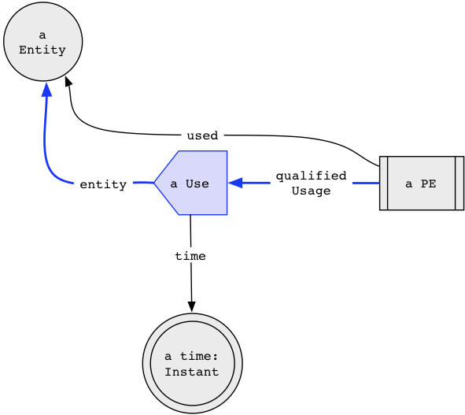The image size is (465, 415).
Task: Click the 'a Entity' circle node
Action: pyautogui.click(x=43, y=42)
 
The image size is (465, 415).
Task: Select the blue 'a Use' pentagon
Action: pyautogui.click(x=190, y=183)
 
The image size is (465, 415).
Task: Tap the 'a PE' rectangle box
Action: pyautogui.click(x=422, y=183)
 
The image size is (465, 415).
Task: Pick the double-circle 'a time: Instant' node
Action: pyautogui.click(x=193, y=363)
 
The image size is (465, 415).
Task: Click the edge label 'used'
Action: pyautogui.click(x=202, y=135)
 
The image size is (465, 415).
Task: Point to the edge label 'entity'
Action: pyautogui.click(x=103, y=184)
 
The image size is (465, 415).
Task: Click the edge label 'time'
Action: pyautogui.click(x=190, y=256)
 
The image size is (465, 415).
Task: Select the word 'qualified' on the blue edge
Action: pyautogui.click(x=311, y=176)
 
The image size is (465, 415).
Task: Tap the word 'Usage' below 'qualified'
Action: pyautogui.click(x=311, y=191)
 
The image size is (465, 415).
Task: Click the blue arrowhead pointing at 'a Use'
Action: pyautogui.click(x=235, y=183)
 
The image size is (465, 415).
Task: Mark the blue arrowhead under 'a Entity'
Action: pyautogui.click(x=47, y=89)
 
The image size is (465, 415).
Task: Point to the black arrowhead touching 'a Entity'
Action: pyautogui.click(x=68, y=81)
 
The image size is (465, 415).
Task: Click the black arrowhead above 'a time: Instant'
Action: pyautogui.click(x=191, y=307)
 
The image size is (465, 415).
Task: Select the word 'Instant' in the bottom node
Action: pyautogui.click(x=191, y=372)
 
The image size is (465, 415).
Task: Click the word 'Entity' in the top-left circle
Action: pyautogui.click(x=42, y=50)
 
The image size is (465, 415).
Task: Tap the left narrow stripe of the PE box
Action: pyautogui.click(x=383, y=183)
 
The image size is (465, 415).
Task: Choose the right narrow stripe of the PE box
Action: pyautogui.click(x=459, y=183)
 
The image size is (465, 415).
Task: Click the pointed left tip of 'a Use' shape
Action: pyautogui.click(x=154, y=183)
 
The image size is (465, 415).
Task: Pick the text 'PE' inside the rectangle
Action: pyautogui.click(x=428, y=183)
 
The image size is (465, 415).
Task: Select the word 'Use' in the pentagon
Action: pyautogui.click(x=197, y=183)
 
